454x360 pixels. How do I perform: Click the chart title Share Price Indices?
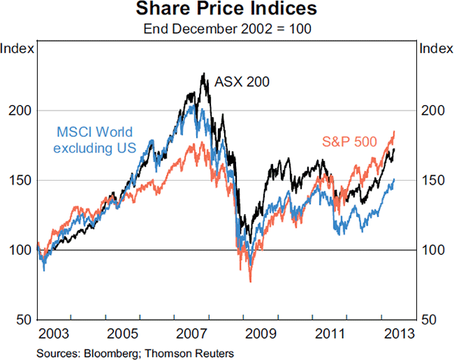(x=227, y=10)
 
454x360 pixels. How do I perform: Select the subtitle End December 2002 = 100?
(x=227, y=28)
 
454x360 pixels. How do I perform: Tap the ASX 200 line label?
(x=242, y=81)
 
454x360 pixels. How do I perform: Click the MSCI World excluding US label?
(x=94, y=139)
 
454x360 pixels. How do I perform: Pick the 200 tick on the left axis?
(x=22, y=110)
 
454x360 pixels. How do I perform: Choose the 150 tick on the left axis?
(x=22, y=180)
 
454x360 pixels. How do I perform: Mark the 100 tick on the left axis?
(x=22, y=250)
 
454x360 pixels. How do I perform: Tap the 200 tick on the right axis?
(x=432, y=110)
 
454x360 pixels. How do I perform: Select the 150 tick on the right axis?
(x=432, y=180)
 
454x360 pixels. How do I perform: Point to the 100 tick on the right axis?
(x=432, y=250)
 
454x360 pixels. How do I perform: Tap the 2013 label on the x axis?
(x=399, y=333)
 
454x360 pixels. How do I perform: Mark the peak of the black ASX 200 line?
(x=204, y=73)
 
